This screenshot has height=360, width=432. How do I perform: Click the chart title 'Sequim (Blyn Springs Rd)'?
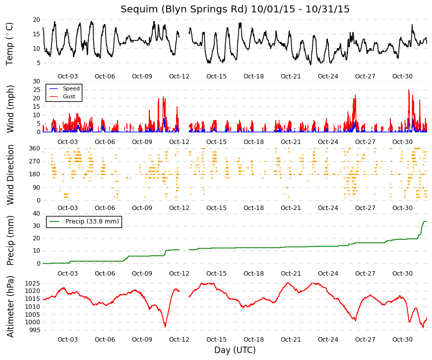[184, 9]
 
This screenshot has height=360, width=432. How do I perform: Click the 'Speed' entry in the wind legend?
[71, 88]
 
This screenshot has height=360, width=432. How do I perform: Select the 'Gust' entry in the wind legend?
[69, 96]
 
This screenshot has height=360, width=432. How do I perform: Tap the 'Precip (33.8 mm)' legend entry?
[92, 221]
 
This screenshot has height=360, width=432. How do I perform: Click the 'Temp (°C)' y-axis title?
[9, 44]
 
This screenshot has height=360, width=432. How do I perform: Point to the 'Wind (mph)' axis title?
[10, 109]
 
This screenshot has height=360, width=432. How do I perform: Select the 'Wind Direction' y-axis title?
[10, 175]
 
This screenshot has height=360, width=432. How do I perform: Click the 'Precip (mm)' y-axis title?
[10, 240]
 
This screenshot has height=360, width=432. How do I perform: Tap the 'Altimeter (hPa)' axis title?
[10, 306]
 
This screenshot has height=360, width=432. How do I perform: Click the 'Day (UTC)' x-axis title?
[235, 350]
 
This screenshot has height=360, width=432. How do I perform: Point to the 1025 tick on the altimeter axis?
[33, 284]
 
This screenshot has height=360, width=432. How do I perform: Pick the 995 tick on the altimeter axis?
[34, 330]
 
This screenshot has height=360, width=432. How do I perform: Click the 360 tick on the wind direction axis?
[34, 148]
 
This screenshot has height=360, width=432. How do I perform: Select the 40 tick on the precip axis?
[36, 214]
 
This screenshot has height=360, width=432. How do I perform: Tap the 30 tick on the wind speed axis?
[36, 81]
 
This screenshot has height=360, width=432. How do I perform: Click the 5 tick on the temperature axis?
[38, 63]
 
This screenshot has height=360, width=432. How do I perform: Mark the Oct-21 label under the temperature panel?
[291, 76]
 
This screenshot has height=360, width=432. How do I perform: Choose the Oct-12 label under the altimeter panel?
[179, 340]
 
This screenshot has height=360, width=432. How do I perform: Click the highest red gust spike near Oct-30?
[409, 90]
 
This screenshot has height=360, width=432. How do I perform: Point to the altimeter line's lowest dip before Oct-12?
[165, 327]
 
